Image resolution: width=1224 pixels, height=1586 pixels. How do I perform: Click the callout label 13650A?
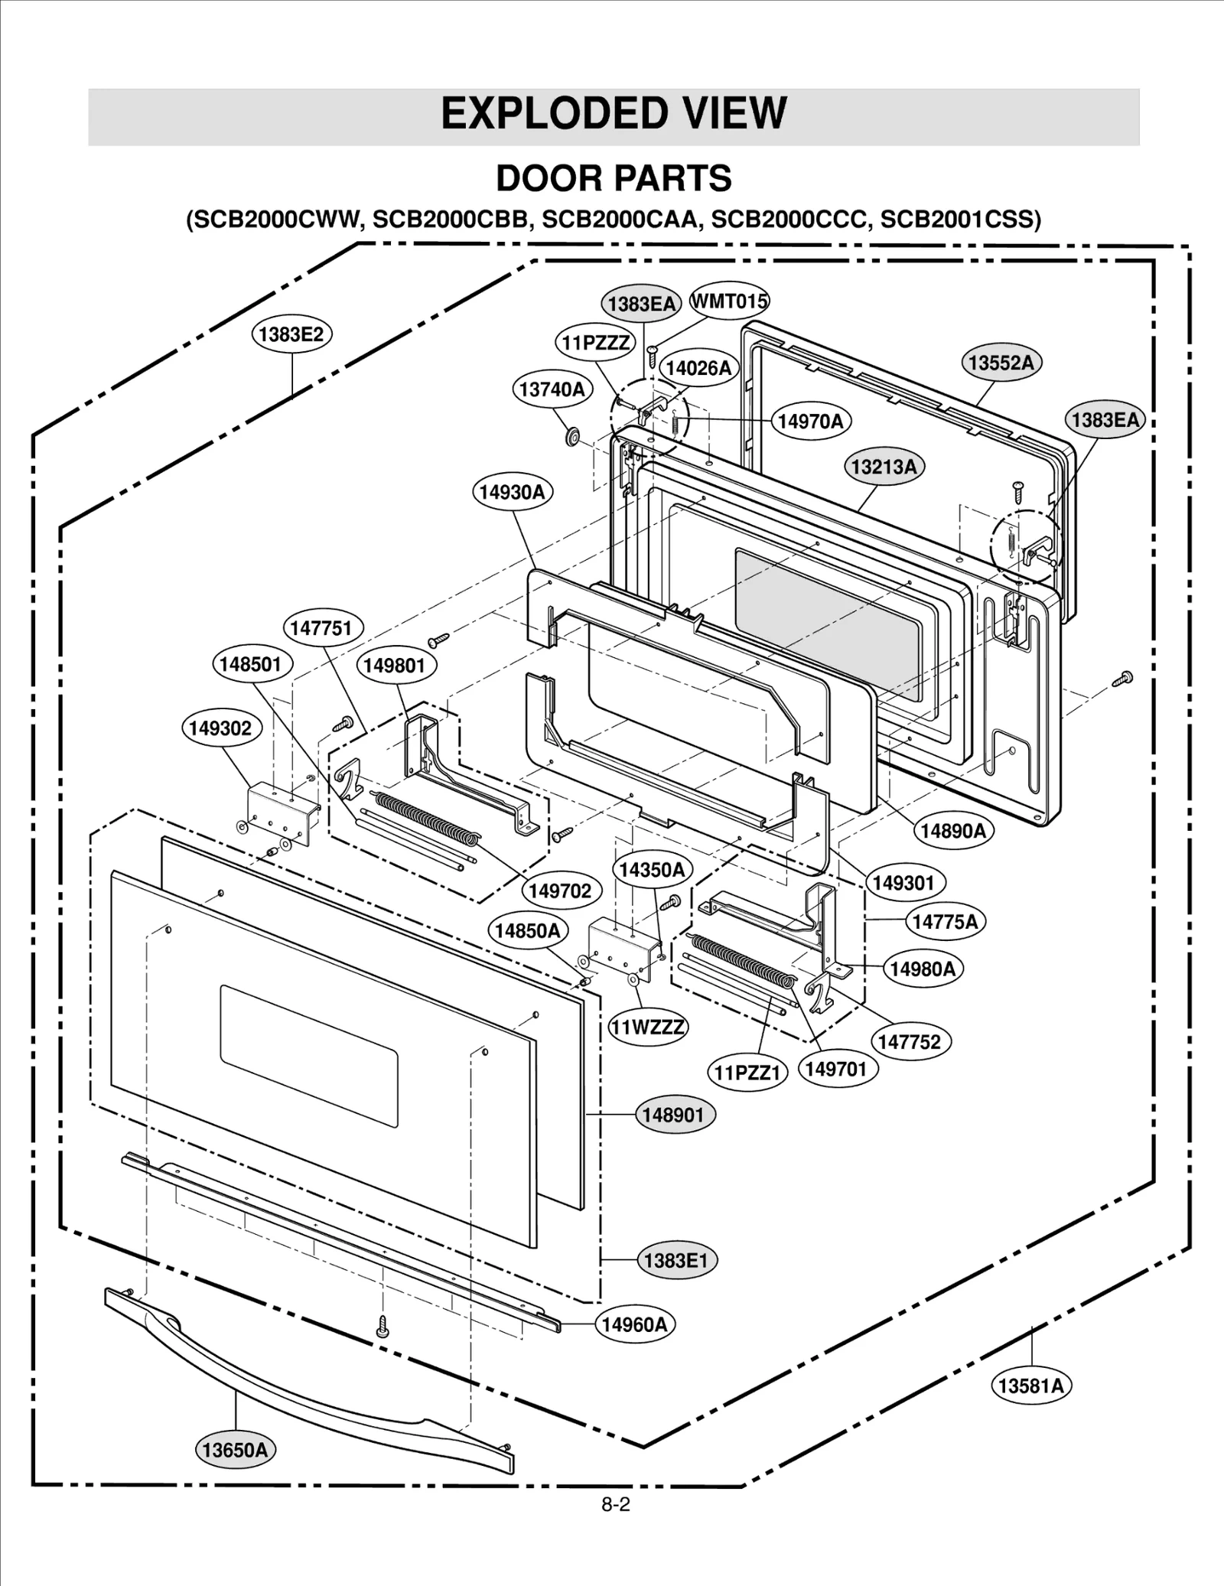tap(235, 1450)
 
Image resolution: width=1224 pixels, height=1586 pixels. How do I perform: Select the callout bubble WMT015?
tap(729, 301)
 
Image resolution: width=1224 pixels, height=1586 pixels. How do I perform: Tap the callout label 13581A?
tap(1030, 1386)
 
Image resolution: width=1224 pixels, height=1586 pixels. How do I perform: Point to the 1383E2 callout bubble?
tap(291, 334)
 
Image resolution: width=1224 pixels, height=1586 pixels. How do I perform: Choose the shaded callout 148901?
tap(672, 1115)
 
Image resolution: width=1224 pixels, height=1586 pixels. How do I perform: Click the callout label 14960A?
tap(634, 1324)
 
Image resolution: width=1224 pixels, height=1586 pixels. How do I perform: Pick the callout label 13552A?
tap(1001, 362)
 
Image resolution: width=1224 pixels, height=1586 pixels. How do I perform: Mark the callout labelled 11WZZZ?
tap(647, 1027)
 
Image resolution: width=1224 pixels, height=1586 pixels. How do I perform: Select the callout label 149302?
tap(220, 728)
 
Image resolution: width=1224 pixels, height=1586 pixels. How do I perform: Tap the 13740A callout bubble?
tap(552, 389)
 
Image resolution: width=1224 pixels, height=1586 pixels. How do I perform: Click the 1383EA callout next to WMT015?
tap(641, 304)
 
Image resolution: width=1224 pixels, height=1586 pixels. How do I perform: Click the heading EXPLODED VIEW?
tap(614, 113)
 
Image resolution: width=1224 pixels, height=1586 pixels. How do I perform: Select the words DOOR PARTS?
tap(614, 178)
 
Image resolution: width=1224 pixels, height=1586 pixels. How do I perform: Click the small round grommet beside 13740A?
tap(571, 438)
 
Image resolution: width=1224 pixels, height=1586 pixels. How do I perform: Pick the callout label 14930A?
tap(512, 492)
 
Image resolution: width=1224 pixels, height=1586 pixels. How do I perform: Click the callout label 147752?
tap(909, 1041)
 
